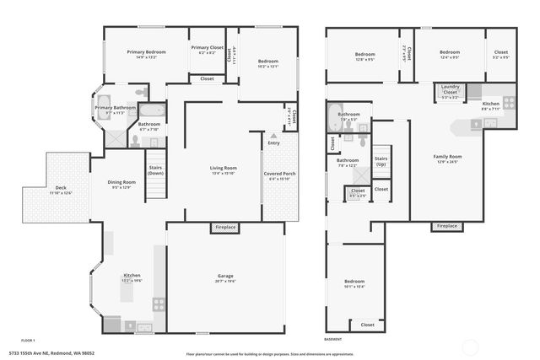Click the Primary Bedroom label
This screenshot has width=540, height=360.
click(147, 52)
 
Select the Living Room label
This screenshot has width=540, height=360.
click(223, 168)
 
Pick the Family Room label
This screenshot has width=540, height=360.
click(448, 157)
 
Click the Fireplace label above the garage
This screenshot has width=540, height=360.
click(225, 227)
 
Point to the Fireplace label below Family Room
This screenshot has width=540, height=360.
click(446, 226)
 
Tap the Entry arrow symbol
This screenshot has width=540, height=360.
click(273, 136)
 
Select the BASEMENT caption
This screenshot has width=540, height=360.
click(333, 339)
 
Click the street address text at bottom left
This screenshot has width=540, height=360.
click(51, 352)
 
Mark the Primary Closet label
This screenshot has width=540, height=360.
click(206, 48)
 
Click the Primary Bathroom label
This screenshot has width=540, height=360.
click(115, 108)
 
